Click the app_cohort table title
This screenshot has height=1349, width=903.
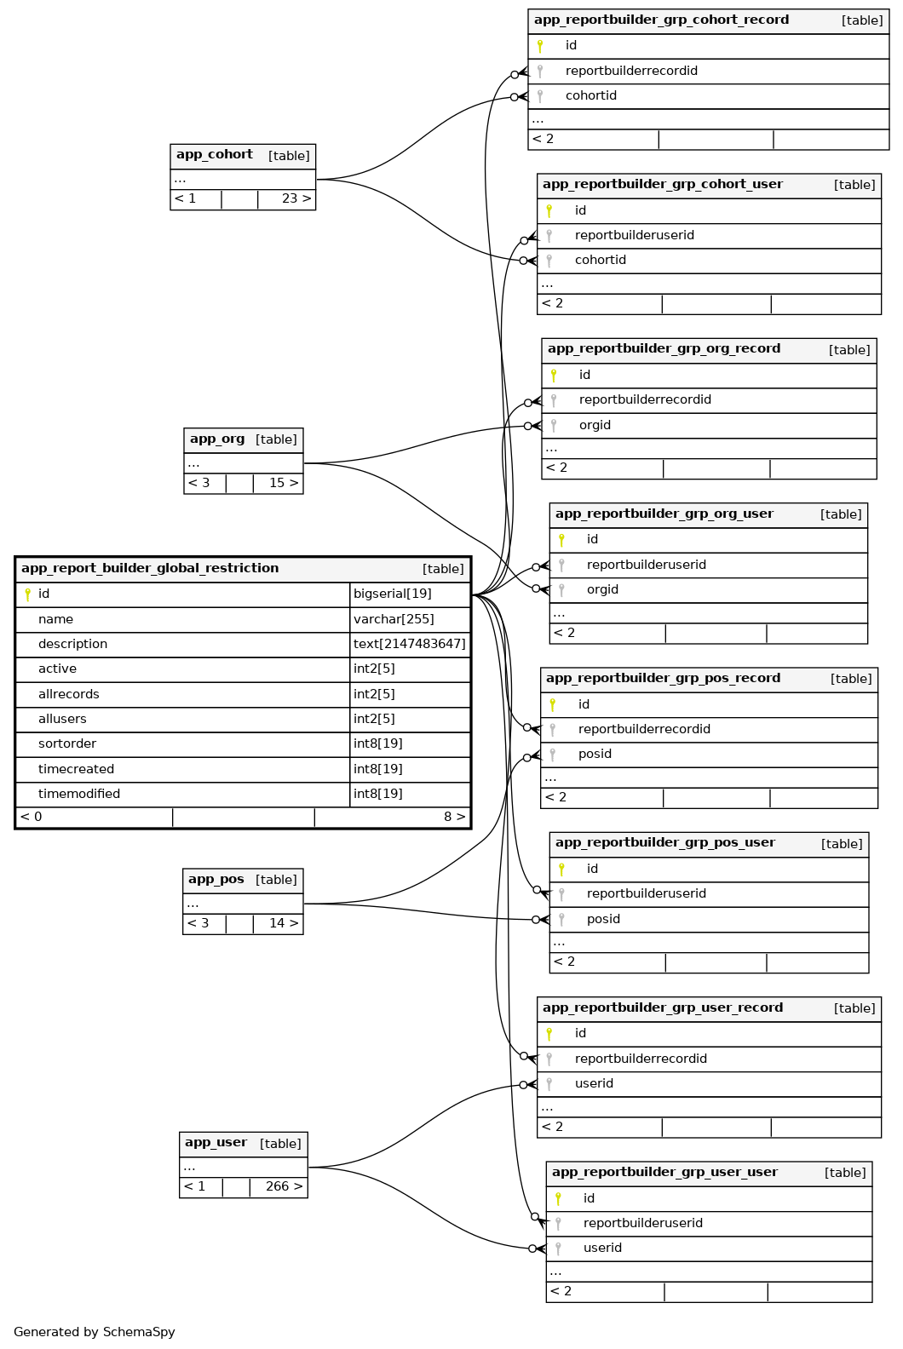click(215, 155)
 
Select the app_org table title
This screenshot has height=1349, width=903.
click(217, 439)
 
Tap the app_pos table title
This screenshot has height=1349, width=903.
click(216, 880)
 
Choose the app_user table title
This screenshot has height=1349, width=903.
click(216, 1143)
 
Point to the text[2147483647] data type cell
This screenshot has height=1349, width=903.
click(410, 644)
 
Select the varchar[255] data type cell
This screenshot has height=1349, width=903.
click(394, 619)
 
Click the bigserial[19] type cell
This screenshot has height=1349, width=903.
click(393, 594)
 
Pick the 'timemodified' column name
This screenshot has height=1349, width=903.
click(79, 794)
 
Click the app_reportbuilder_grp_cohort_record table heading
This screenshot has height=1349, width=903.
click(661, 20)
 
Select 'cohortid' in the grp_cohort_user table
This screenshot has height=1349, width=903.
click(601, 260)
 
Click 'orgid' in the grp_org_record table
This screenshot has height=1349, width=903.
click(595, 425)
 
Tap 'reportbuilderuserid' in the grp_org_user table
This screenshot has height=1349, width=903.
click(647, 565)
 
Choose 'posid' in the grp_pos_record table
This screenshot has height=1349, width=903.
click(595, 754)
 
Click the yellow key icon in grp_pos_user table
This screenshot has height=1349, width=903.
click(561, 869)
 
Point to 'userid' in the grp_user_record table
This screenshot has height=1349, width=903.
click(594, 1083)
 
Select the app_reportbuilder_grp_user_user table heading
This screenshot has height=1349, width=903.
click(664, 1173)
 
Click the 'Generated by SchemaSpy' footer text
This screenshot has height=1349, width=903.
click(95, 1332)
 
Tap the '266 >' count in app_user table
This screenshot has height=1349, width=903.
click(284, 1186)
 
